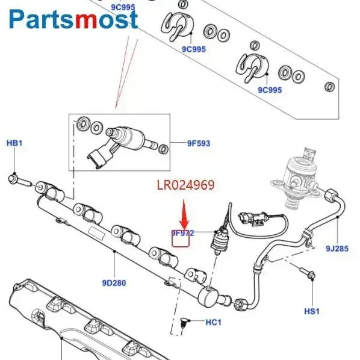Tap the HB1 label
(14, 143)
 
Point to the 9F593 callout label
(198, 143)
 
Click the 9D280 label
(114, 282)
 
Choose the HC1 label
(214, 323)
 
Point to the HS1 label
(311, 311)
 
